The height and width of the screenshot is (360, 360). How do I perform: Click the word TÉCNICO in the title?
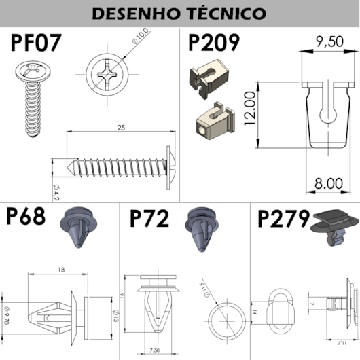pos(223,13)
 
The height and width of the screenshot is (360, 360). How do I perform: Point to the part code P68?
pos(26,218)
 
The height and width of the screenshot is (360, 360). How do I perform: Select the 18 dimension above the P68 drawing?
pos(61,270)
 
